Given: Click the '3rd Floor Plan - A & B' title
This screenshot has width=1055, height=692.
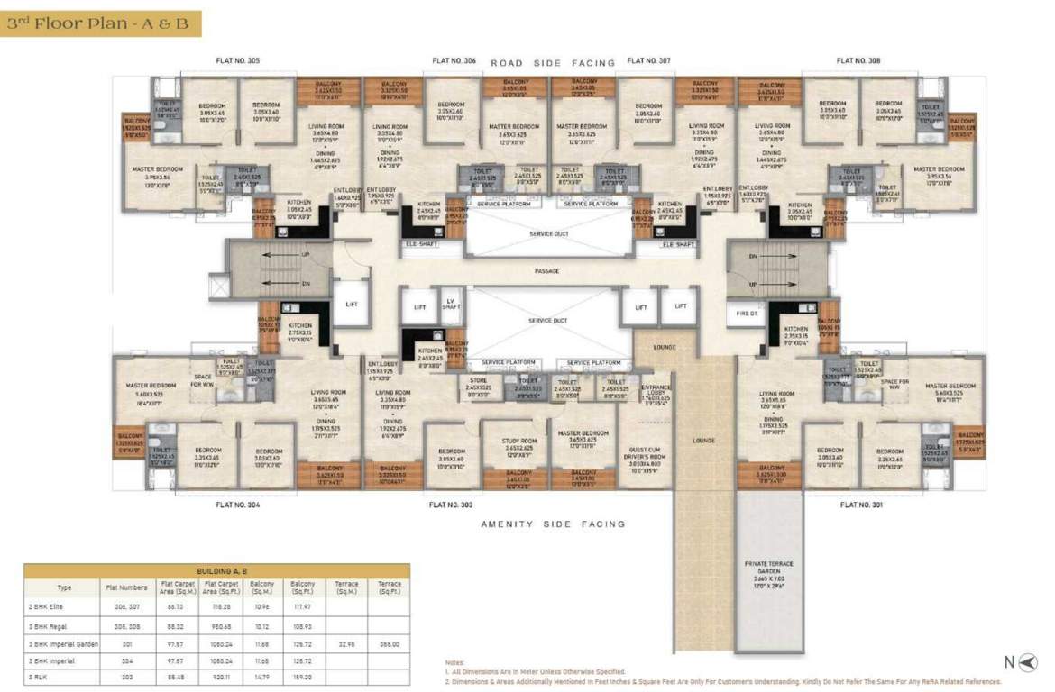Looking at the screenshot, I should coord(98,23).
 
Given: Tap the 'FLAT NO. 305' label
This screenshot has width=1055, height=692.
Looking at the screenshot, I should coord(238,60).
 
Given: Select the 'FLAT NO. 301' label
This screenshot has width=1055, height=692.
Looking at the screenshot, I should coord(860,505).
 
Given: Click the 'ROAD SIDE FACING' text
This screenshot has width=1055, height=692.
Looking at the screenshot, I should coord(553,63).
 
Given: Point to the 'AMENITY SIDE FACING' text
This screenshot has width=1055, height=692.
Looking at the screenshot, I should coord(553,524).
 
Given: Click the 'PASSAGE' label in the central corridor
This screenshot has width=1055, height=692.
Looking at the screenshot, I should coord(546,270).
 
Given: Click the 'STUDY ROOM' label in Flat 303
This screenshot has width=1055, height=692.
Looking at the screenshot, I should coord(519,442).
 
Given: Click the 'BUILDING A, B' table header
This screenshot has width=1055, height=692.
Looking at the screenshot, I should coord(216,570).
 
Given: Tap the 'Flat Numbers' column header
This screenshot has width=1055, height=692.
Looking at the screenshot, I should coord(125,587).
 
